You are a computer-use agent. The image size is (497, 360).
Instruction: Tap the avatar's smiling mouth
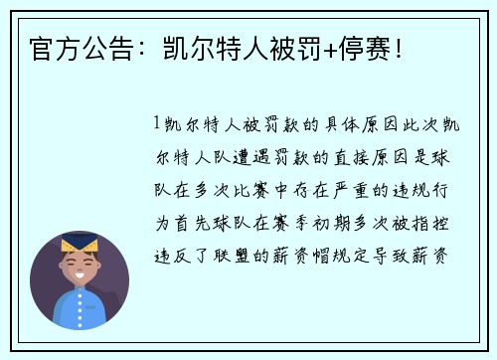(x=79, y=275)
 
